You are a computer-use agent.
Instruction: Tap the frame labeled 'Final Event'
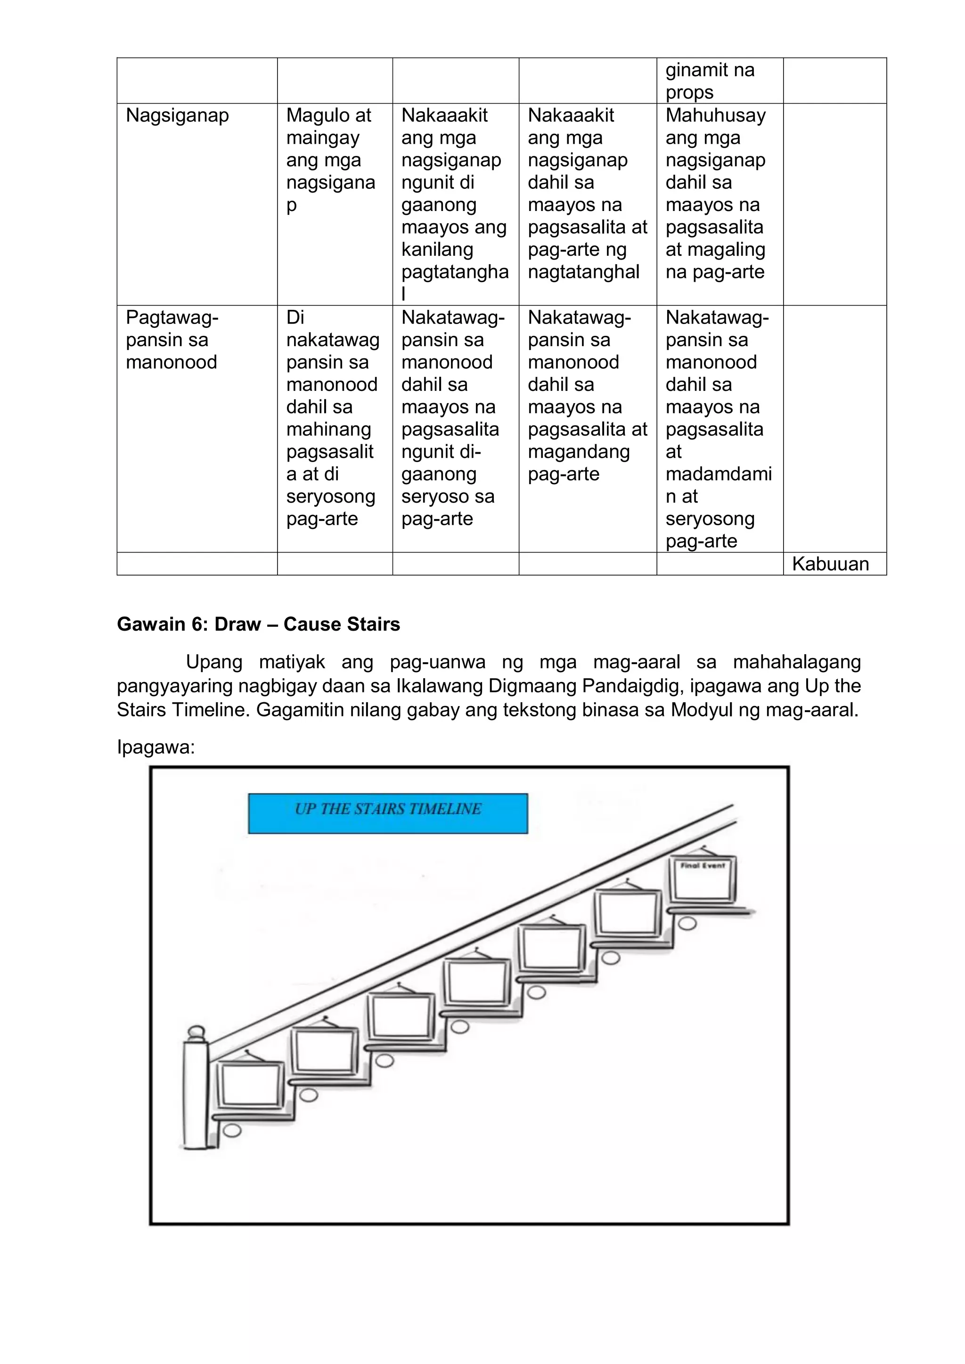coord(703,880)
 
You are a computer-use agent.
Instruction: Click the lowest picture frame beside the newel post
coord(250,1082)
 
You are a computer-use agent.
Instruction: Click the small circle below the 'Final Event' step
coord(687,924)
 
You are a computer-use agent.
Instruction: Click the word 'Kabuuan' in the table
coord(830,564)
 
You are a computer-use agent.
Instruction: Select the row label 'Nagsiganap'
coord(177,115)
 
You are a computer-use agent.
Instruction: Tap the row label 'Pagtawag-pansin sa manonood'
coord(172,340)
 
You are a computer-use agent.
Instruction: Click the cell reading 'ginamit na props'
coord(710,81)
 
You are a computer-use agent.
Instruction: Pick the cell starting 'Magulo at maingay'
coord(330,159)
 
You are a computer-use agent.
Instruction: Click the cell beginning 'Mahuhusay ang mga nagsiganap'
coord(715,193)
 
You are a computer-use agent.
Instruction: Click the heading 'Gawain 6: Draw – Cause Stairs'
coord(259,625)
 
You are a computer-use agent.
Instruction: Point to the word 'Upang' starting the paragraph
coord(214,662)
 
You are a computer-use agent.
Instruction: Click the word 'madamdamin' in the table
coord(719,474)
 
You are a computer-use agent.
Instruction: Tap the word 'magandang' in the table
coord(579,452)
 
